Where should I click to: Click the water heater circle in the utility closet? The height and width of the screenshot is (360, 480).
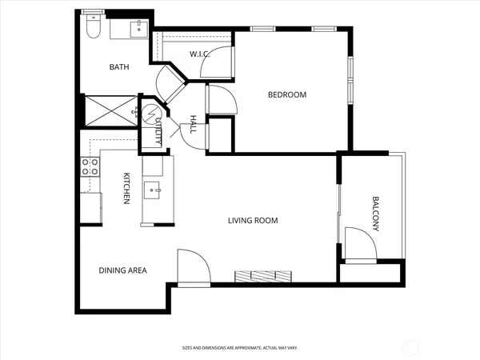pyautogui.click(x=150, y=114)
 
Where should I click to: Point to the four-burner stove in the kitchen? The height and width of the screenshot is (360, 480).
pyautogui.click(x=90, y=167)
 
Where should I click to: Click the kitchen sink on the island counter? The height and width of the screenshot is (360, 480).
pyautogui.click(x=152, y=190)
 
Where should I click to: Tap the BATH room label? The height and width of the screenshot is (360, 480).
pyautogui.click(x=119, y=67)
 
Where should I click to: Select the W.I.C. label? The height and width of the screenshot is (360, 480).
pyautogui.click(x=199, y=54)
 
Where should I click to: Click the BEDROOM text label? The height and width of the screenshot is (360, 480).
pyautogui.click(x=286, y=95)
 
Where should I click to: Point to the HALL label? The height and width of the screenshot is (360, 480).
pyautogui.click(x=193, y=125)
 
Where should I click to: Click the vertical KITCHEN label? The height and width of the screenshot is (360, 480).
pyautogui.click(x=126, y=188)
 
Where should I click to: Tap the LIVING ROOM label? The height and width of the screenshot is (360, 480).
pyautogui.click(x=253, y=220)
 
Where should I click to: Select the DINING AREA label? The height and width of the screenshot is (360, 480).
pyautogui.click(x=122, y=270)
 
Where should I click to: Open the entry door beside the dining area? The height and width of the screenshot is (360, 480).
pyautogui.click(x=193, y=268)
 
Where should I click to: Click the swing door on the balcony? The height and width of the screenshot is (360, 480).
pyautogui.click(x=361, y=244)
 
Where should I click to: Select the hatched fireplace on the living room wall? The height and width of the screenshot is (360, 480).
pyautogui.click(x=264, y=276)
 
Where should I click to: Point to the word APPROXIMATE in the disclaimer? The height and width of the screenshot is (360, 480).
pyautogui.click(x=249, y=348)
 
